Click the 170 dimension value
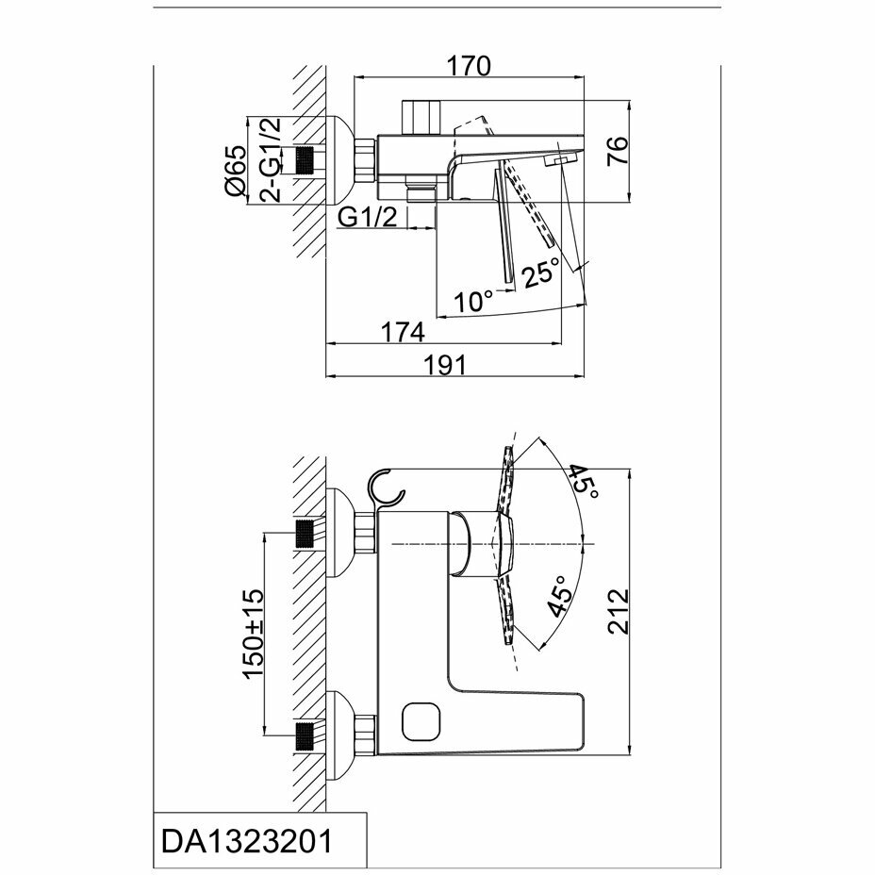point(469,67)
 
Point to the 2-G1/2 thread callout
point(271,159)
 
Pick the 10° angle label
point(473,303)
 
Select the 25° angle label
point(542,272)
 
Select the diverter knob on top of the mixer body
point(420,117)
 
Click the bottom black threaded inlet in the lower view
point(304,735)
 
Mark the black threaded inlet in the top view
point(304,160)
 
